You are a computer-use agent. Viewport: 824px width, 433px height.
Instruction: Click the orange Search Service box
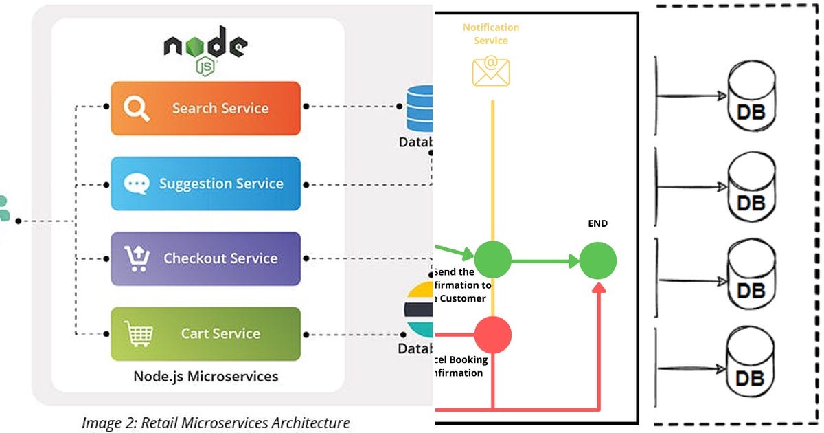pyautogui.click(x=206, y=109)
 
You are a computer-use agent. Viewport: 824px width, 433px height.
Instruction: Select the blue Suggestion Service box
pyautogui.click(x=206, y=184)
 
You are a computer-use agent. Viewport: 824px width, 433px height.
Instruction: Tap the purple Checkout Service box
pyautogui.click(x=206, y=258)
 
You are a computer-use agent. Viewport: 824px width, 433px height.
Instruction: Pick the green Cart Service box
pyautogui.click(x=206, y=333)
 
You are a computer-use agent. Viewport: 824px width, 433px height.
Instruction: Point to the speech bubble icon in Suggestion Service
pyautogui.click(x=136, y=184)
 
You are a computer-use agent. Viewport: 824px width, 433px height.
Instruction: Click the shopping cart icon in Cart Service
pyautogui.click(x=138, y=334)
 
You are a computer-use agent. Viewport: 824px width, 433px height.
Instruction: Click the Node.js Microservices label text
pyautogui.click(x=206, y=376)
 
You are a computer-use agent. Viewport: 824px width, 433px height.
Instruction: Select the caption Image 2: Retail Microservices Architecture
pyautogui.click(x=216, y=423)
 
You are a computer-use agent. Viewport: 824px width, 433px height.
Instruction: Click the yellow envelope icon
pyautogui.click(x=491, y=71)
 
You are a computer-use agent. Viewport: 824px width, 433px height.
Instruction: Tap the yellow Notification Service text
pyautogui.click(x=491, y=34)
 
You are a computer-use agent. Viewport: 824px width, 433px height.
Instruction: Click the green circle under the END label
pyautogui.click(x=598, y=260)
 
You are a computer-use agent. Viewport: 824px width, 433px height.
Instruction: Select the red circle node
pyautogui.click(x=493, y=335)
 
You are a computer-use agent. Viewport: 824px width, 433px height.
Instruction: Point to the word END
pyautogui.click(x=598, y=223)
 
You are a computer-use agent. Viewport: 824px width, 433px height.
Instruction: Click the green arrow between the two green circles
pyautogui.click(x=545, y=260)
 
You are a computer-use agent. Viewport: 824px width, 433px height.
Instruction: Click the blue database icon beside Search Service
pyautogui.click(x=420, y=108)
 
